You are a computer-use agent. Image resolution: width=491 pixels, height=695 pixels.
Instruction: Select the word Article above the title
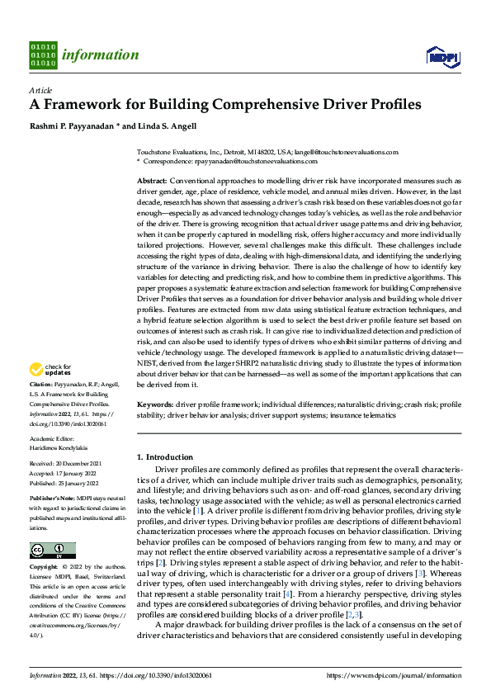click(40, 90)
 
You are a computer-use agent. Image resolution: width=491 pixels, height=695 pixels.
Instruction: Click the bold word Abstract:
click(152, 180)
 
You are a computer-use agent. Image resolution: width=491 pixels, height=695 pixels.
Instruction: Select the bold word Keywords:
click(155, 404)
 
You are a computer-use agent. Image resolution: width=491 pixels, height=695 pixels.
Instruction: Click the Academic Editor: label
click(54, 440)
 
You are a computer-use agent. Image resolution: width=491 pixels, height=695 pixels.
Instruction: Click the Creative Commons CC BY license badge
click(52, 551)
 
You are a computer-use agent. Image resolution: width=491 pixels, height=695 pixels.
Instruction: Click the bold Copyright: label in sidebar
click(45, 568)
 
